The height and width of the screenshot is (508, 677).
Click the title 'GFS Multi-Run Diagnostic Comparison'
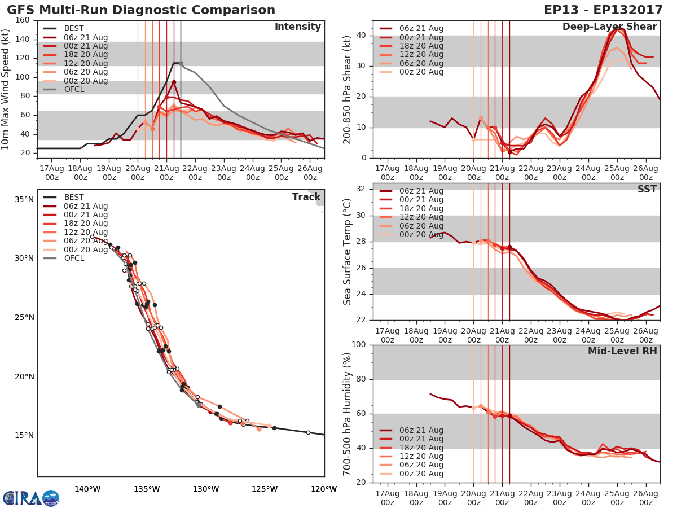(141, 10)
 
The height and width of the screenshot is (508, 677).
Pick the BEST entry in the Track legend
(73, 198)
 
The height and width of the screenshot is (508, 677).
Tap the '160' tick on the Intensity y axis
(23, 20)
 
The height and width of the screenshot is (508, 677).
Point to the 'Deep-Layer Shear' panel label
(609, 27)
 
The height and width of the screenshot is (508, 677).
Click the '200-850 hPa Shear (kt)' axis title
(348, 89)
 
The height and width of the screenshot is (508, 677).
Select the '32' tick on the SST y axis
(362, 189)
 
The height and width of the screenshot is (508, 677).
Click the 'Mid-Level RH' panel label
(622, 352)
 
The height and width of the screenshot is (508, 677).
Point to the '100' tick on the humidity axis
(359, 345)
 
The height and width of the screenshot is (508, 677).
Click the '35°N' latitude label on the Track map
(24, 199)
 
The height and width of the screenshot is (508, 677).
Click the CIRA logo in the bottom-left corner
(31, 498)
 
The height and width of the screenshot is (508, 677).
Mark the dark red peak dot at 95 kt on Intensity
(174, 82)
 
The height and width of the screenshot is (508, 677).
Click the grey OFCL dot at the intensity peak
(181, 63)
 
